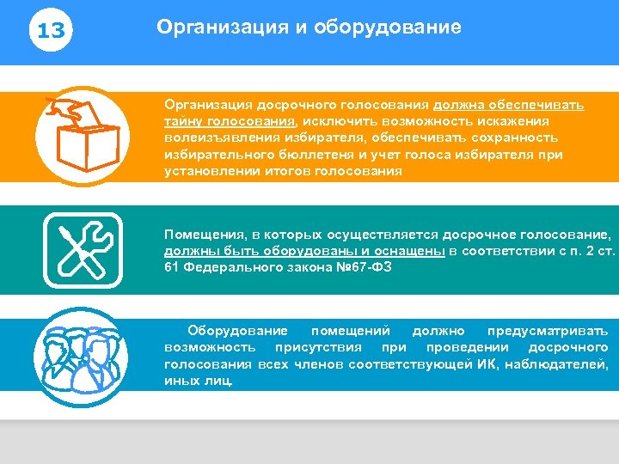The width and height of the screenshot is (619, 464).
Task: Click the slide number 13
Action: pyautogui.click(x=52, y=32)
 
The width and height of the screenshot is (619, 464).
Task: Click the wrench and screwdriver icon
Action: pyautogui.click(x=83, y=249)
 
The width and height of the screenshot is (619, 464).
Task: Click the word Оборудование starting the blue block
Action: pyautogui.click(x=238, y=330)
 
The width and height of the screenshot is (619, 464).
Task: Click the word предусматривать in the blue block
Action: pyautogui.click(x=548, y=330)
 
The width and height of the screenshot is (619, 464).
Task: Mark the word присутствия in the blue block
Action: pyautogui.click(x=317, y=347)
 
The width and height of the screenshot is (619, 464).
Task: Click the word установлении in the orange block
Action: pyautogui.click(x=207, y=171)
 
